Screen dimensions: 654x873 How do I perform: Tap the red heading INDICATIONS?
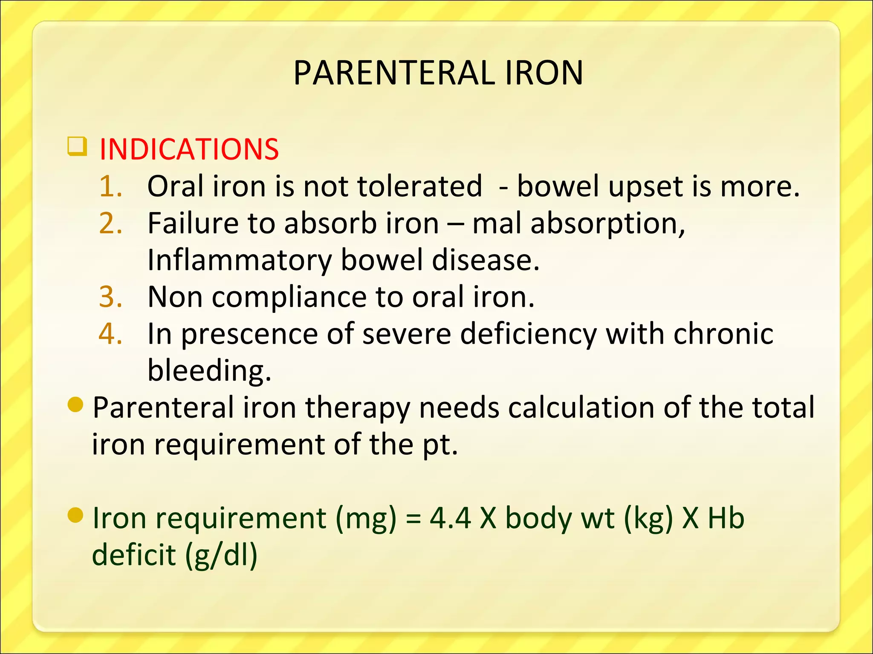click(189, 149)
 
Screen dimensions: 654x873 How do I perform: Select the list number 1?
click(110, 186)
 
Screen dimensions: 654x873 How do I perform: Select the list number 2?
click(110, 224)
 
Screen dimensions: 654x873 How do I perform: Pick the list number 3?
click(110, 297)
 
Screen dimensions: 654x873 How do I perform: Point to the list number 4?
click(110, 334)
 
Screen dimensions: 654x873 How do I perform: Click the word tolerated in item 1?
click(419, 186)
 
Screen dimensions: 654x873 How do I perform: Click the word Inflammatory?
click(239, 261)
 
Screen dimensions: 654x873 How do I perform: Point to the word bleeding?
click(209, 371)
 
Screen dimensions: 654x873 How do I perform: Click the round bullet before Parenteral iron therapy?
click(75, 405)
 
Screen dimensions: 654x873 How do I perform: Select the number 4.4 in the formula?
click(450, 519)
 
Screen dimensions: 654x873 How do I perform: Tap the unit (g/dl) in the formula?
click(221, 556)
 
